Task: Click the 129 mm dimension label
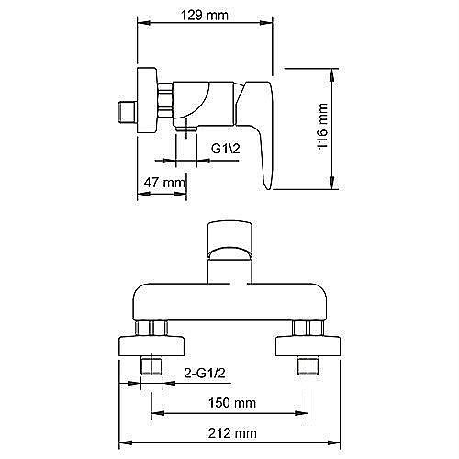[x=205, y=15]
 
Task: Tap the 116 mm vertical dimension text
[x=322, y=126]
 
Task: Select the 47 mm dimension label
[x=164, y=183]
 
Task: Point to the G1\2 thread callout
[x=226, y=149]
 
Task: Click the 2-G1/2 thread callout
[x=205, y=373]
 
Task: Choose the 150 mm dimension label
[x=232, y=403]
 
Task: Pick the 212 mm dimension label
[x=232, y=433]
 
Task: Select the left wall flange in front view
[x=151, y=346]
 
